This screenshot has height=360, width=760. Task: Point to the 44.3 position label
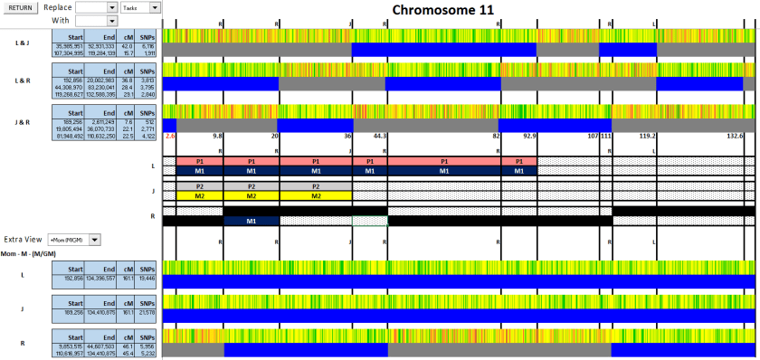[x=379, y=135]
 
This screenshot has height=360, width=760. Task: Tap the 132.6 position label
[x=735, y=135]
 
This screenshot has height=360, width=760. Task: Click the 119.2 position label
[x=647, y=135]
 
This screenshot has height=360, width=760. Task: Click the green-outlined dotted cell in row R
[x=369, y=221]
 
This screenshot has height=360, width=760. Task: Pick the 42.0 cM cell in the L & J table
[x=127, y=45]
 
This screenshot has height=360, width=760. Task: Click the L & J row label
[x=22, y=43]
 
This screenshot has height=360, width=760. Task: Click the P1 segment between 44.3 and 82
[x=443, y=160]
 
